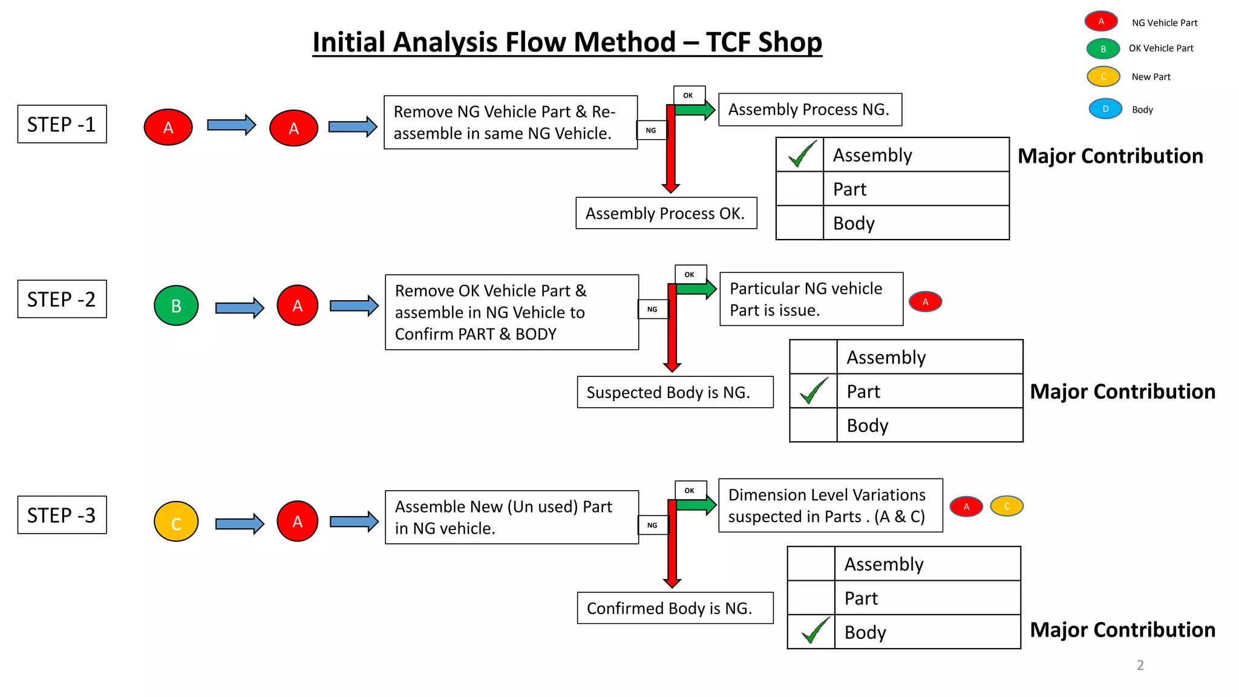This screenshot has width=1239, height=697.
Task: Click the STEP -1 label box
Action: [62, 124]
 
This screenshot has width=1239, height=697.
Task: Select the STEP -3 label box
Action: [62, 515]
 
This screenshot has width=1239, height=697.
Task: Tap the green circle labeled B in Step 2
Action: [176, 306]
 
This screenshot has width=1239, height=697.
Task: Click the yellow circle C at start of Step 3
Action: [176, 522]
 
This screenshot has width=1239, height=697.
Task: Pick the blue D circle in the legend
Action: [1105, 109]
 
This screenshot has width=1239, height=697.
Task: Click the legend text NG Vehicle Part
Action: [1164, 23]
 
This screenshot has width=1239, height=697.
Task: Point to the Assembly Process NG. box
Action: [809, 110]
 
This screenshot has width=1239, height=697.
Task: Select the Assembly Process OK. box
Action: [665, 213]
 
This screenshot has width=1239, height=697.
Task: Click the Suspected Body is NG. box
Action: [675, 392]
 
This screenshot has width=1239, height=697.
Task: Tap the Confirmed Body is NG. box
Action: [675, 608]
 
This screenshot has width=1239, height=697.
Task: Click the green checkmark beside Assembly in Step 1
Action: [802, 154]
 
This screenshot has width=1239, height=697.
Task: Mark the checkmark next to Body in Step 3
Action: [814, 631]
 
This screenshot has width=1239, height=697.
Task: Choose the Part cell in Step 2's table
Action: [929, 391]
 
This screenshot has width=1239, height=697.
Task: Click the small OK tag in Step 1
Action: [688, 96]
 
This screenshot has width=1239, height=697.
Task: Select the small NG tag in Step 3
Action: [652, 525]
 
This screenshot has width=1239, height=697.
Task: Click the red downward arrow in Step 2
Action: [672, 339]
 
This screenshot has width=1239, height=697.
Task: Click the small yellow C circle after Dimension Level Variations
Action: [1007, 506]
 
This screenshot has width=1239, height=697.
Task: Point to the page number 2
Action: [1140, 665]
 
